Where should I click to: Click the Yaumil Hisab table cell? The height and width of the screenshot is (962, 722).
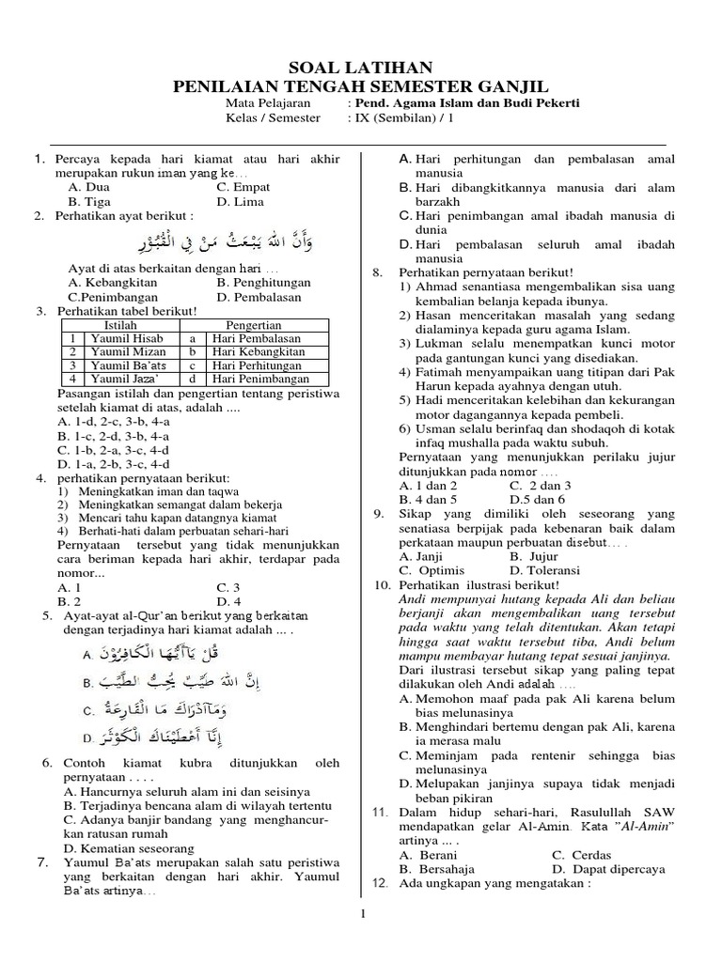coord(114,338)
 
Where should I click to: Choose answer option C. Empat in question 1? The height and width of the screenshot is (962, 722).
coord(243,187)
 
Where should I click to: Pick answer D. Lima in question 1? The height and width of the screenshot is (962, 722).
coord(241,201)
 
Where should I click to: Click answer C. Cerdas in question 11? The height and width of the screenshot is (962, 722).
coord(581,855)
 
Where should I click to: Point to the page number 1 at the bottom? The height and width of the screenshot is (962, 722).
coord(361,913)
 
